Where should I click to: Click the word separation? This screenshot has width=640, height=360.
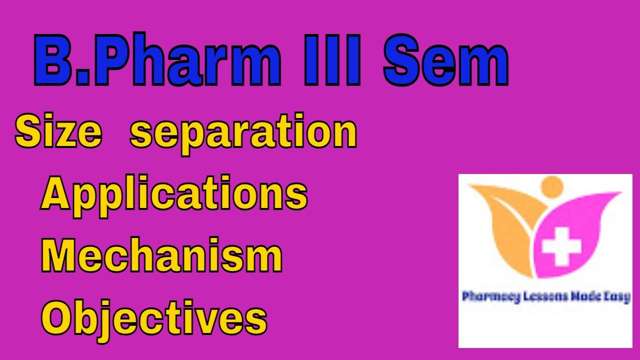243,133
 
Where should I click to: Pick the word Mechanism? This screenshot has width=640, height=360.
161,256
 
